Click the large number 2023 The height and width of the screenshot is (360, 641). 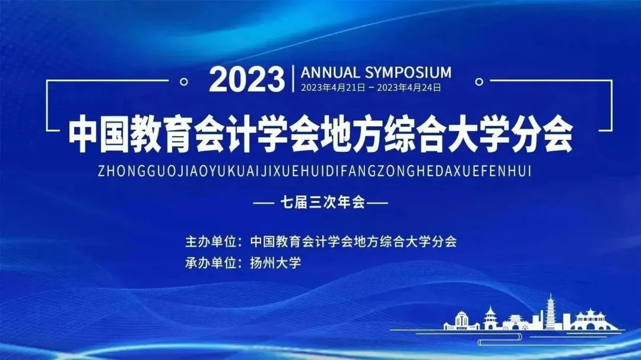(247, 79)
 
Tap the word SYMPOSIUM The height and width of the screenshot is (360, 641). (408, 72)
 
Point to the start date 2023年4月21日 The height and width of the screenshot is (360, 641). (333, 88)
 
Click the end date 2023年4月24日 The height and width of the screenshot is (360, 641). (409, 88)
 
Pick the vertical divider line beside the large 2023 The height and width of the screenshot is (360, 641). (293, 78)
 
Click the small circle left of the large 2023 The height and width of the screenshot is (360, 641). (184, 82)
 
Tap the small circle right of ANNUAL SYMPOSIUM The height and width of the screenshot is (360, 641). (479, 82)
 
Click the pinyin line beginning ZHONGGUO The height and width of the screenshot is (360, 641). (315, 171)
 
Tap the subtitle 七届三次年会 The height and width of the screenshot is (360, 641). (322, 202)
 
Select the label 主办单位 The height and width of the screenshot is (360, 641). (210, 241)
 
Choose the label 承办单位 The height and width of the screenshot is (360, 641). (210, 263)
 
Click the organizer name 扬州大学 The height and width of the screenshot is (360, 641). (275, 263)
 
